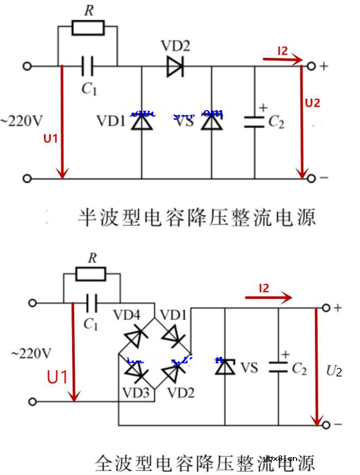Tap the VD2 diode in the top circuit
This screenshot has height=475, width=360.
click(x=175, y=66)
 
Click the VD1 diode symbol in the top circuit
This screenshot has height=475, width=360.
click(x=142, y=122)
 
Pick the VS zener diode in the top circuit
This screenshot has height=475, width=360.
click(x=211, y=122)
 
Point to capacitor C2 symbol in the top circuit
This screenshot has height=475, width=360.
click(x=254, y=122)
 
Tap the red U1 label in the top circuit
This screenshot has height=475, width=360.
click(x=50, y=138)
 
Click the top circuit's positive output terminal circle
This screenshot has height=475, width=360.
click(x=311, y=66)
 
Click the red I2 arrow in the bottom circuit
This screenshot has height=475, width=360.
click(x=268, y=297)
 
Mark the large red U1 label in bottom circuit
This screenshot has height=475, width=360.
click(x=57, y=376)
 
